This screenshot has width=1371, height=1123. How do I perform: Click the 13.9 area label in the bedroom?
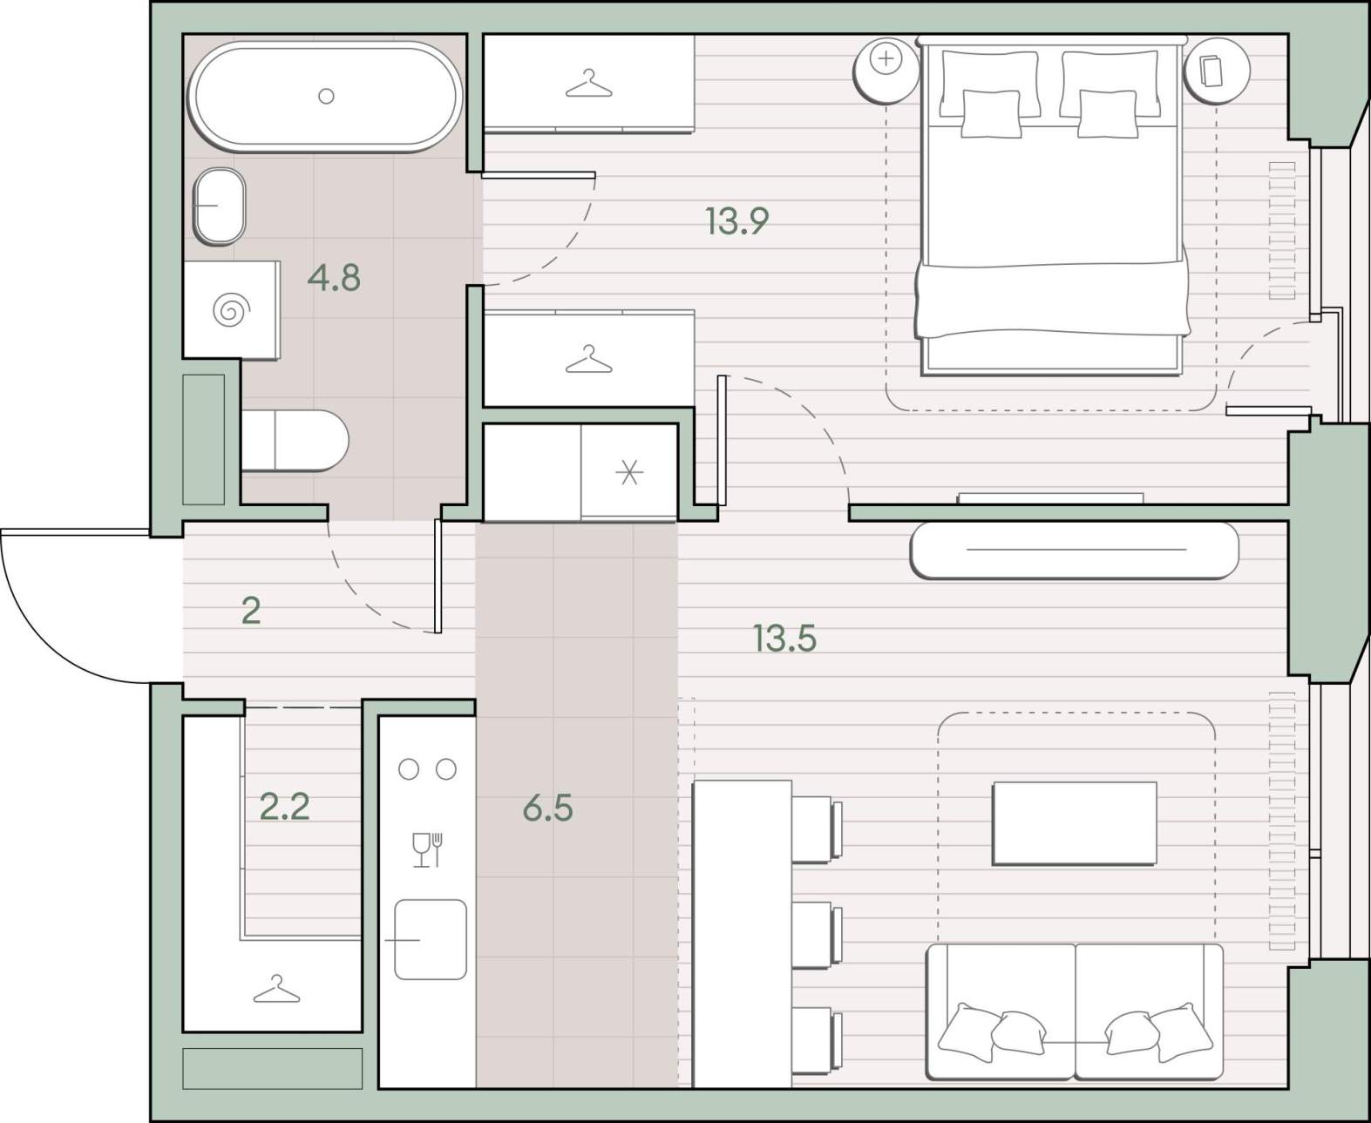point(737,221)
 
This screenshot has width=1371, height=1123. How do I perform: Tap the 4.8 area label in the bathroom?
point(334,278)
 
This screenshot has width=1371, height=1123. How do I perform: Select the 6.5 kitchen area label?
point(548,808)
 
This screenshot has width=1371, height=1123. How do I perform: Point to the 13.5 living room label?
point(784,639)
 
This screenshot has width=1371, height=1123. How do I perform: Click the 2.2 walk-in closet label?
point(284,807)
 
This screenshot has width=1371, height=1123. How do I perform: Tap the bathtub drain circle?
point(326,96)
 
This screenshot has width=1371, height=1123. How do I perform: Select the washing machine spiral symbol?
point(232,311)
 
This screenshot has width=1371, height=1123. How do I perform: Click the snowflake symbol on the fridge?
point(629,472)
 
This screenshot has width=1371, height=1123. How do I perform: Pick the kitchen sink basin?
point(431,939)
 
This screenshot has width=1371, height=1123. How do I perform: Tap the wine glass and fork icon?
point(428,849)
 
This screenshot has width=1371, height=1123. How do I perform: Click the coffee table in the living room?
point(1075,823)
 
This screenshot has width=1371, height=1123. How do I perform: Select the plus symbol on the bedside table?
point(886,60)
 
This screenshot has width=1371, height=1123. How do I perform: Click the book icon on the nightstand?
point(1212,71)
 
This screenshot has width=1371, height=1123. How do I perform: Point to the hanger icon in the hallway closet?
point(277,989)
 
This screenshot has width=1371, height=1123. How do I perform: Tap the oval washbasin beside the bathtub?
point(220,206)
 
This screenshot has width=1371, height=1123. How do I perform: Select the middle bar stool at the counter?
point(817,935)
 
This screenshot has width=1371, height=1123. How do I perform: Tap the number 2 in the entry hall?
point(251,611)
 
